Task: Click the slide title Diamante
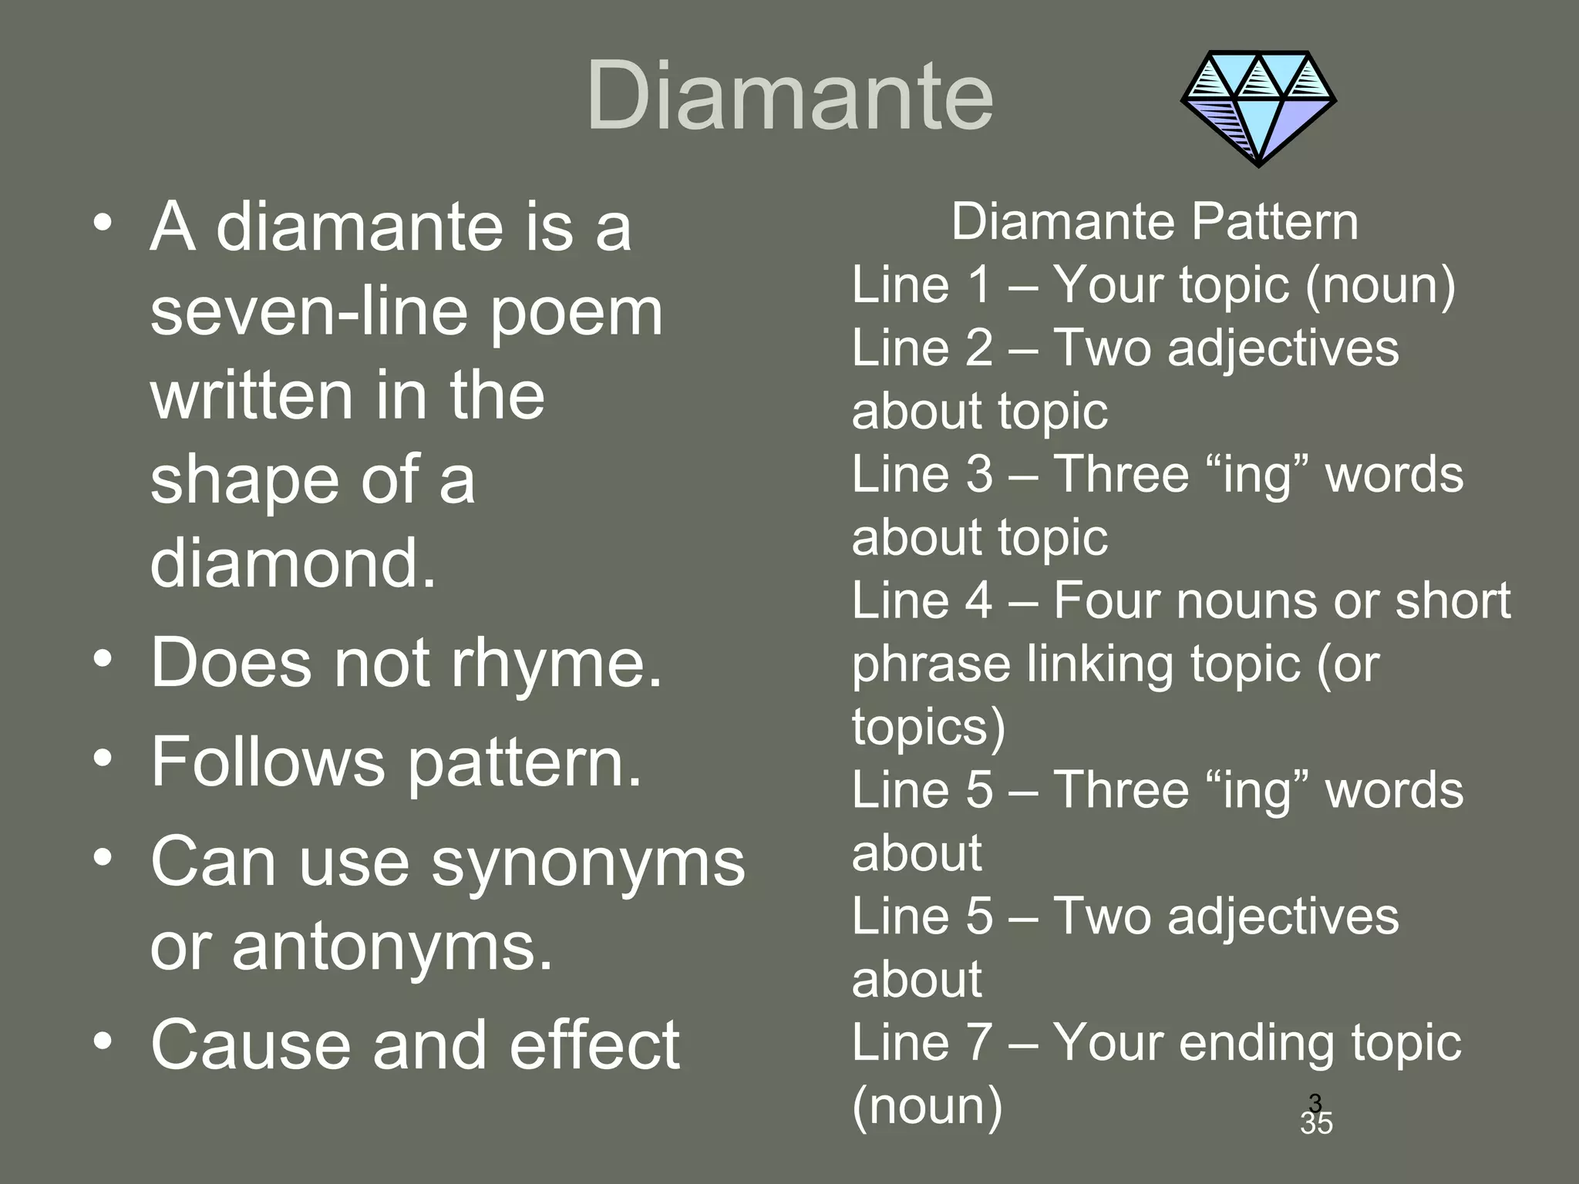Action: (x=789, y=97)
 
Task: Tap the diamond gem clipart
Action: (x=1258, y=108)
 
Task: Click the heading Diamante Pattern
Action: (x=1154, y=223)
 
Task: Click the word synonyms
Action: (x=588, y=863)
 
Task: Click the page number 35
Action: (x=1316, y=1124)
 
